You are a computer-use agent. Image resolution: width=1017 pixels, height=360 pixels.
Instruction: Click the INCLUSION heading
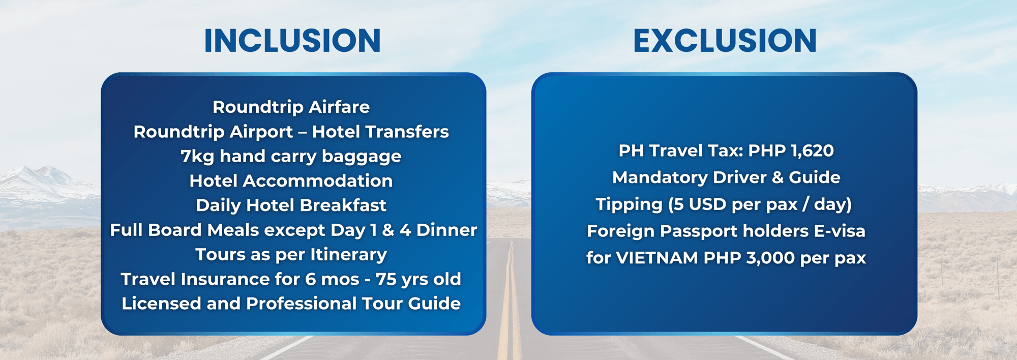point(292,41)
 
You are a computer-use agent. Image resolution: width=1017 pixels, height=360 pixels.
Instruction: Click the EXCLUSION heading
point(725,41)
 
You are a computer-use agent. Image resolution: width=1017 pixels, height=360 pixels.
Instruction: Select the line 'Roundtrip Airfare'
point(291,107)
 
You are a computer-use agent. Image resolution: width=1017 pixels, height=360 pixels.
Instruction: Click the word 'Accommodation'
point(318,181)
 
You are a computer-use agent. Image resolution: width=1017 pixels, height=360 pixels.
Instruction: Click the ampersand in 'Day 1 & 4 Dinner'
point(388,230)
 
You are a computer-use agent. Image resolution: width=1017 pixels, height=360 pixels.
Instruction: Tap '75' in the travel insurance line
point(386,279)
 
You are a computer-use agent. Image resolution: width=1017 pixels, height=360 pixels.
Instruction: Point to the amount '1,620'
point(812,151)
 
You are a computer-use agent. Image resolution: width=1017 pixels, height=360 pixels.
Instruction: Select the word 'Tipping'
point(629,204)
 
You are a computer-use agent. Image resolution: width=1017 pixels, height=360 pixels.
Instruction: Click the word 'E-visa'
point(840,231)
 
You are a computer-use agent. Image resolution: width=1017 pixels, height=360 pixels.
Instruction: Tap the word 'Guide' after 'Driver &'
point(814,177)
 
